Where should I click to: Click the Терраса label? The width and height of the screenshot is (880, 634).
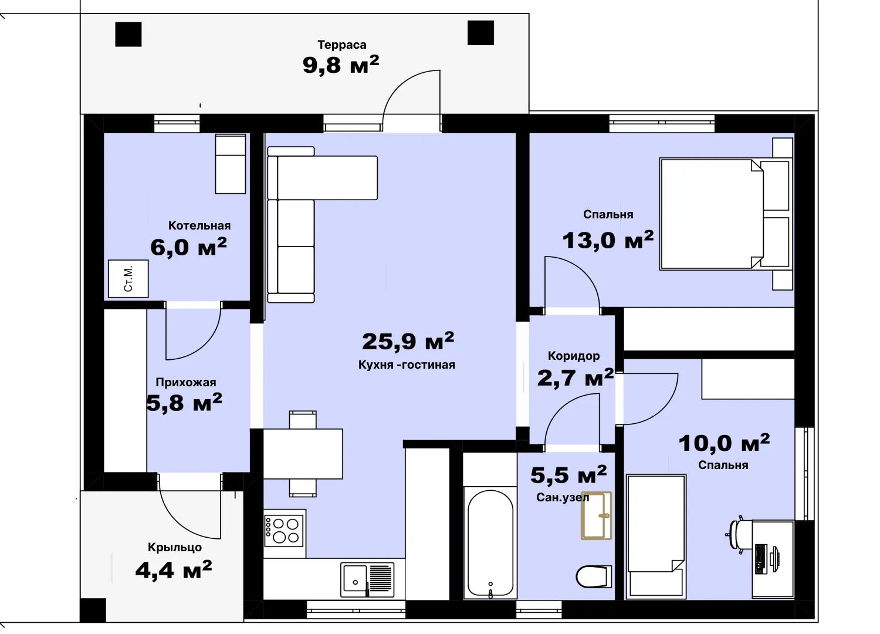point(342,45)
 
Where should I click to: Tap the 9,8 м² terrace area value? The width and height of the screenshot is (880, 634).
point(341,65)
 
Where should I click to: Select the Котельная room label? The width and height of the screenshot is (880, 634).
point(199,225)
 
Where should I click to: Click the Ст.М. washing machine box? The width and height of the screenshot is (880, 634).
point(128,279)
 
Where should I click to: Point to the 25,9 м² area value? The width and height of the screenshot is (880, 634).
point(408,341)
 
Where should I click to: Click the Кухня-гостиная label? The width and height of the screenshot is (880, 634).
point(407,365)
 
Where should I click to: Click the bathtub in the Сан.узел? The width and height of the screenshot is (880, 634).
point(490,544)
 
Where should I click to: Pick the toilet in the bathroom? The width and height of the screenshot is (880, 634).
point(594,576)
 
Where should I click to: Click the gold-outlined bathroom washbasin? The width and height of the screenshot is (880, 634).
point(597,515)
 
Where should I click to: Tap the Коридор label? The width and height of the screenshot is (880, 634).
point(574,356)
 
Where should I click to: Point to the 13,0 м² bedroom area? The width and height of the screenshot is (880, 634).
point(608,240)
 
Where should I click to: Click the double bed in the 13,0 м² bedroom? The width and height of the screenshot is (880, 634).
point(725,214)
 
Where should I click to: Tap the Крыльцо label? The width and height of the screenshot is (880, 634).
point(175,547)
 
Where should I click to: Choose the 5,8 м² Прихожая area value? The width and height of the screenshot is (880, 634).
point(184,403)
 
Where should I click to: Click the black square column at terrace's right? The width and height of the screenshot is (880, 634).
point(480,33)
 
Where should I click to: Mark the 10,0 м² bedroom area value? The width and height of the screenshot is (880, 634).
point(724,443)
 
